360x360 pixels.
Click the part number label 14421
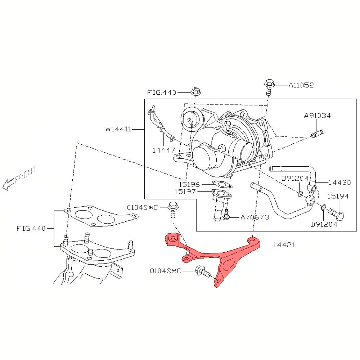tap(284, 245)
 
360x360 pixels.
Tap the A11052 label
tap(301, 85)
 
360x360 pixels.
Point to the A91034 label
tap(317, 116)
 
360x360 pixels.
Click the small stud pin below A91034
tap(318, 134)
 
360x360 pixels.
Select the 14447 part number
tap(164, 150)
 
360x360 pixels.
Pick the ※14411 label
tap(118, 129)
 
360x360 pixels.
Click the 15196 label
tap(189, 184)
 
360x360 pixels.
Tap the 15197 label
tap(185, 192)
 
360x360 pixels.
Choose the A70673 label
tap(255, 217)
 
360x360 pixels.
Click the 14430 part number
tap(339, 183)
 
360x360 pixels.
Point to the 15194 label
tap(338, 196)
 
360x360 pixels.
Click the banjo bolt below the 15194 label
tap(336, 214)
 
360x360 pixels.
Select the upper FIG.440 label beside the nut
tap(161, 93)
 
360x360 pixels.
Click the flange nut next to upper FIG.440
tap(195, 91)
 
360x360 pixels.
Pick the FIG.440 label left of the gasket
tap(31, 229)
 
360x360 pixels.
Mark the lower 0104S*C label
tap(166, 271)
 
